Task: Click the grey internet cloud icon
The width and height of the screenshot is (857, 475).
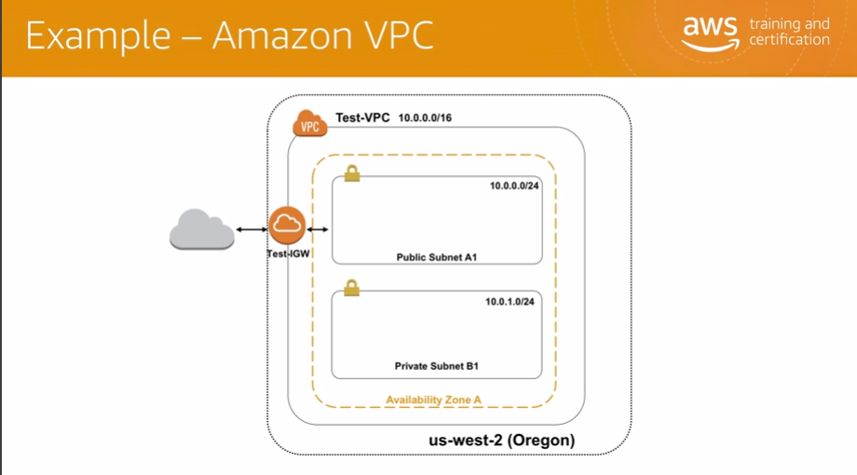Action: pos(201,228)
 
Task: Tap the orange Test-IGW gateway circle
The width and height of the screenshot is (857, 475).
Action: pos(287,224)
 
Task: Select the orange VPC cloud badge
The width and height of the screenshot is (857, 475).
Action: pos(309,124)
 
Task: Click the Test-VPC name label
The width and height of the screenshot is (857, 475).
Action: pos(362,118)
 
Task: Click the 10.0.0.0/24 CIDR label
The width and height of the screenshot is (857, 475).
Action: pos(514,185)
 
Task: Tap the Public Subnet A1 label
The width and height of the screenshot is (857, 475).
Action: pos(437,257)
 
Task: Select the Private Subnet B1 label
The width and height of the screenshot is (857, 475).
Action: pos(437,367)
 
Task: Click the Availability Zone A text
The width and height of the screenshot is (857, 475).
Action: pos(433,400)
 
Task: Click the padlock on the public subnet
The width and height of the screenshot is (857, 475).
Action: pos(351,173)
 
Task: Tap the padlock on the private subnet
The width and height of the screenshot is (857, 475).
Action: pos(351,288)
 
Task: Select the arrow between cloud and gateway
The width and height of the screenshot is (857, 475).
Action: pos(252,229)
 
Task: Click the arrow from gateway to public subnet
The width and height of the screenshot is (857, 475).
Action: pos(318,229)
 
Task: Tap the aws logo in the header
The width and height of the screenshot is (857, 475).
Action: pos(710,29)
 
